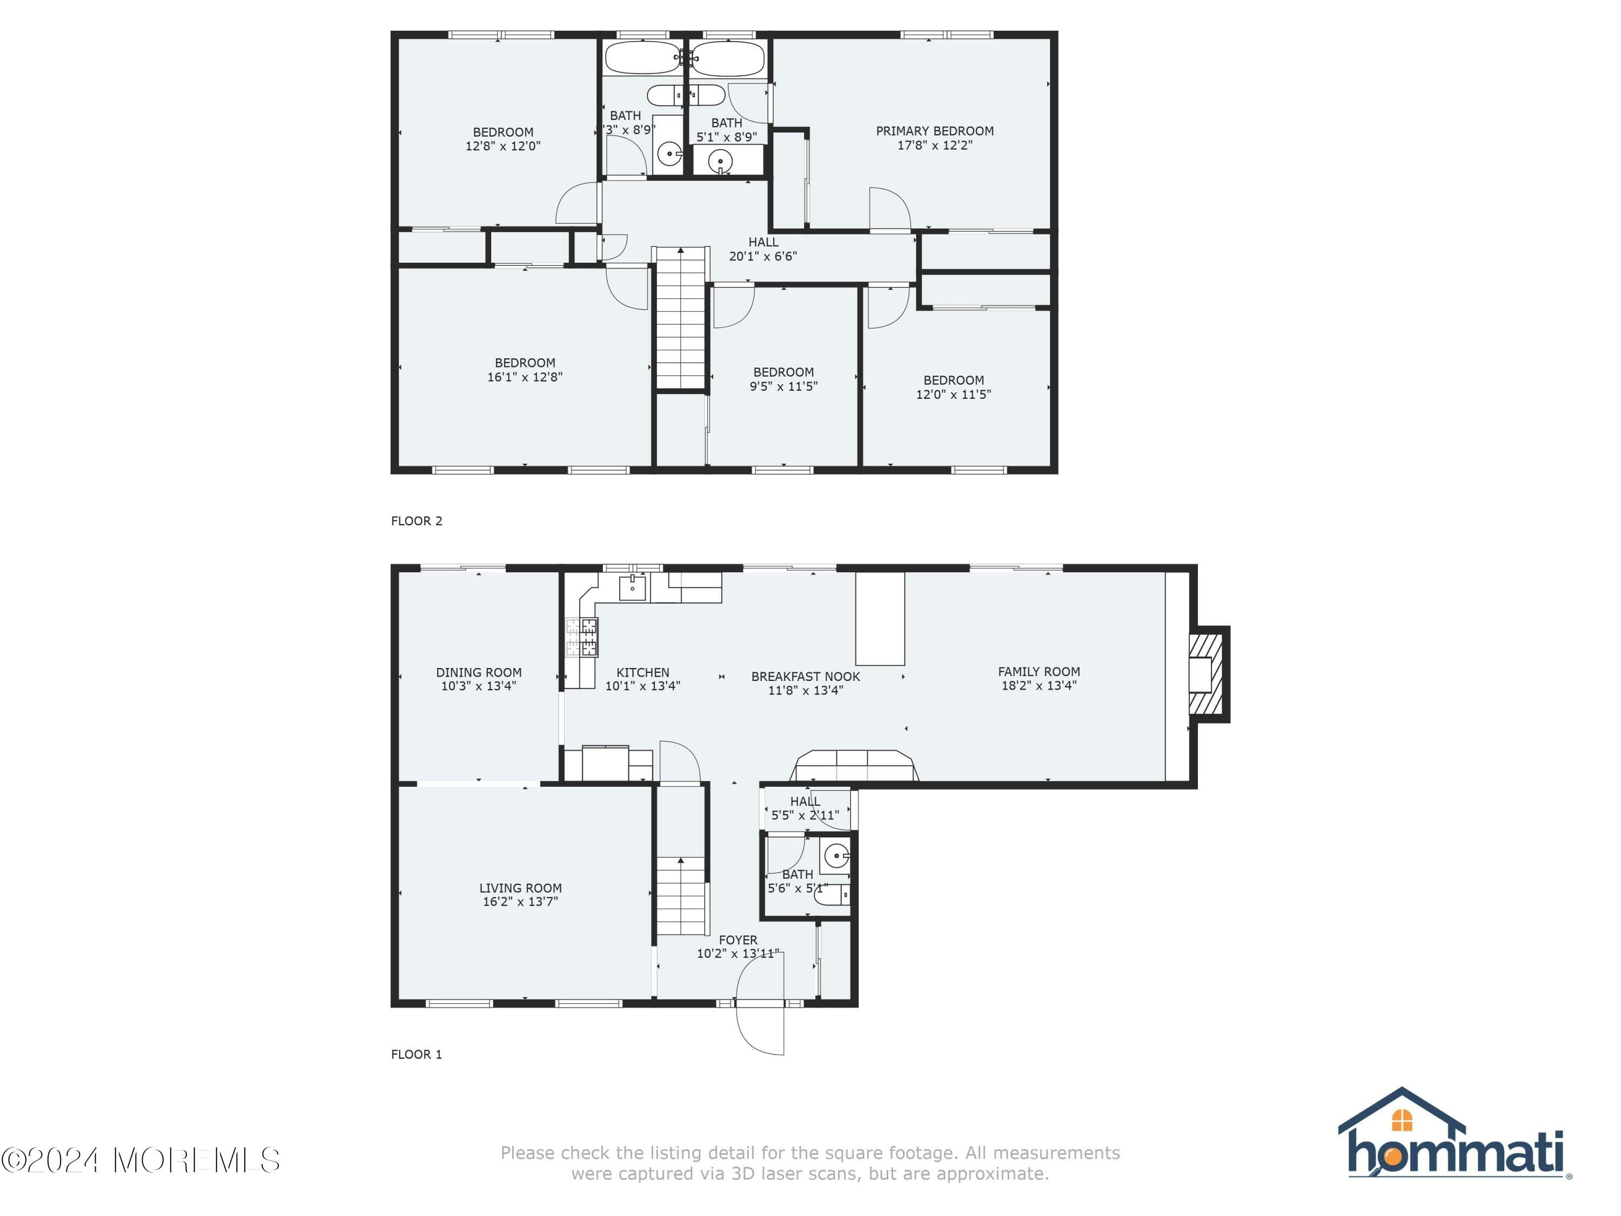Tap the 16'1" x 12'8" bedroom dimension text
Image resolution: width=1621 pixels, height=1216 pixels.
(x=525, y=377)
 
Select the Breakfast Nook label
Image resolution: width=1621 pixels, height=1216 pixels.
(x=806, y=677)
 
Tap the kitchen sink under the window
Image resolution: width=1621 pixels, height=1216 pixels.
(x=632, y=587)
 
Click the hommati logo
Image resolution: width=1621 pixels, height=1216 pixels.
(x=1454, y=1133)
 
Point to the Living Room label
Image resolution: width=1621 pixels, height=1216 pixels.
(x=520, y=888)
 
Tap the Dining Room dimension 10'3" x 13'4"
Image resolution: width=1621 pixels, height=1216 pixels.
(x=479, y=686)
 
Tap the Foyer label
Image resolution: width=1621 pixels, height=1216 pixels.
(x=738, y=940)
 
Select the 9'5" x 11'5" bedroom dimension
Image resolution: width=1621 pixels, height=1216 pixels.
(x=783, y=386)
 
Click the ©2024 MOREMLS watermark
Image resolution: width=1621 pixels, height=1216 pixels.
(x=140, y=1160)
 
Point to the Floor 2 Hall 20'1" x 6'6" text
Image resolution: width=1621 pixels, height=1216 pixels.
(x=763, y=249)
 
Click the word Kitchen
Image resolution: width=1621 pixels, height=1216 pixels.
(x=642, y=672)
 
